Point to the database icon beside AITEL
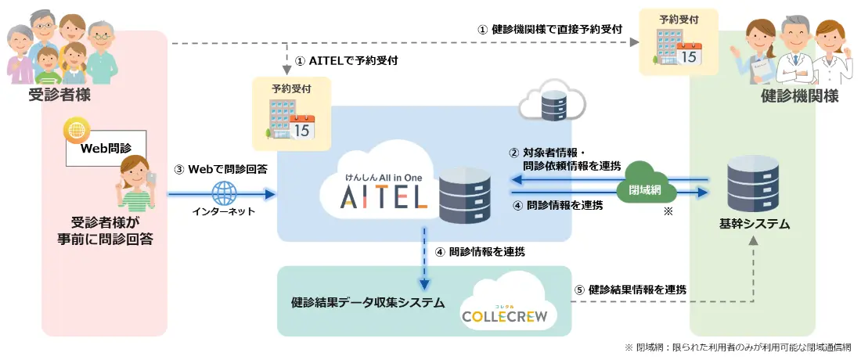pos(464,197)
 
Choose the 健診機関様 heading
pos(799,96)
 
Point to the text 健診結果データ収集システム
pos(368,301)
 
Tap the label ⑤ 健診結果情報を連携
pos(630,290)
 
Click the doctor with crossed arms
pos(793,51)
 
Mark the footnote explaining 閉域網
pos(737,346)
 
